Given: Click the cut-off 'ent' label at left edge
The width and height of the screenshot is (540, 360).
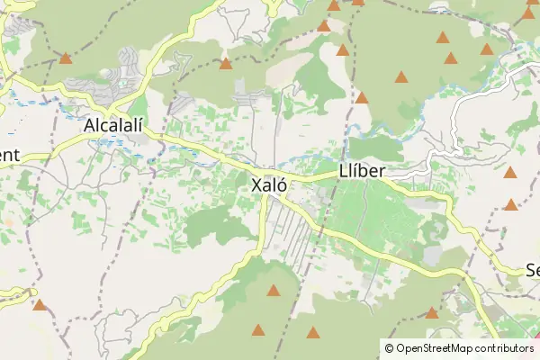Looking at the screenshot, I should (9, 155).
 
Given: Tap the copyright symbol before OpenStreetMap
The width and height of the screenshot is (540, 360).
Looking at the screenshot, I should (389, 347).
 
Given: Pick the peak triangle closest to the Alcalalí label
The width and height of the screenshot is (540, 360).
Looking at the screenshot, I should (65, 58).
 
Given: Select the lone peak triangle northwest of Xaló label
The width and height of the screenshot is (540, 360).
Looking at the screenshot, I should (225, 64).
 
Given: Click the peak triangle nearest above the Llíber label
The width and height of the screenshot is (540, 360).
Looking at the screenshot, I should (361, 97).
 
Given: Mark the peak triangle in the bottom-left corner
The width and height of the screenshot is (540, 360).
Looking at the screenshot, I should (39, 304).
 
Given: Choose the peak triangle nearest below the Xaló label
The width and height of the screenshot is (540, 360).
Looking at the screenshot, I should (273, 290).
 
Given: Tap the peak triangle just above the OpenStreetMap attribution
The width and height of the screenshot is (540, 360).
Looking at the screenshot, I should (431, 313).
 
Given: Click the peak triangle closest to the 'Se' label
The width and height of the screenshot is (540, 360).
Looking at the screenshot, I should (511, 204).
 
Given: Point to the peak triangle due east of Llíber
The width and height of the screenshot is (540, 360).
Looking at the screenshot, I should (510, 172).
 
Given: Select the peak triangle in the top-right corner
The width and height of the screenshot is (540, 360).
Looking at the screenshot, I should (528, 13).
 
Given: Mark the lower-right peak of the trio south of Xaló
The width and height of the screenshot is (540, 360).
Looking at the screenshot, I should (312, 332).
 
